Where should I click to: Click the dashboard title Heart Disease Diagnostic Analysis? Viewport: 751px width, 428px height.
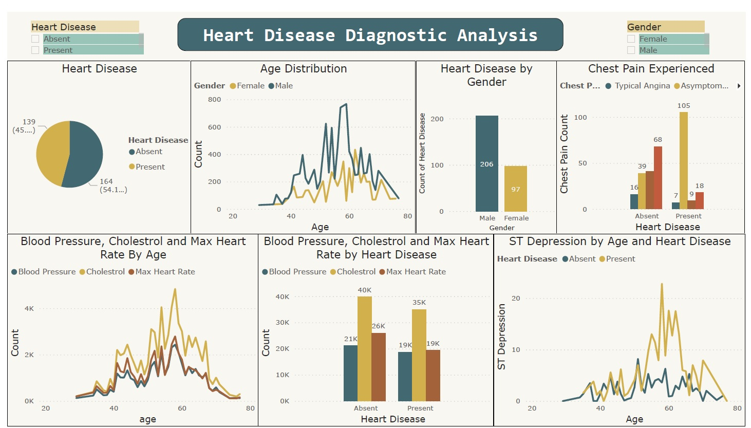tap(370, 35)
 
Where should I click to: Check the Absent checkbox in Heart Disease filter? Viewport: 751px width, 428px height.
tap(35, 39)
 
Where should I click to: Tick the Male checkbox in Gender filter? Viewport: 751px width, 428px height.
tap(631, 50)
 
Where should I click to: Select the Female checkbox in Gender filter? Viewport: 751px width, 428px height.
tap(631, 39)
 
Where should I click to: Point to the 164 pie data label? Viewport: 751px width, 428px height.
tap(106, 181)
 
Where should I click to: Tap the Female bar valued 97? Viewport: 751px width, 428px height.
tap(515, 189)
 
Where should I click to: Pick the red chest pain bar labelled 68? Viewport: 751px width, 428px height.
tap(658, 177)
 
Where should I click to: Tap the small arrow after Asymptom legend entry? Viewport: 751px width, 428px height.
tap(739, 86)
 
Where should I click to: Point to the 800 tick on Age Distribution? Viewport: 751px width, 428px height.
tap(215, 100)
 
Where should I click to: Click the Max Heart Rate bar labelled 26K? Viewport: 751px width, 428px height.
tap(378, 367)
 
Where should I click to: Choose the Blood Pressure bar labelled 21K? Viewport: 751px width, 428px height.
tap(350, 373)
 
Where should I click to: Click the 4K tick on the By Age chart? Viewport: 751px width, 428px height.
tap(29, 309)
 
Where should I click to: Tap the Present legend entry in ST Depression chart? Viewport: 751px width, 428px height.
tap(620, 259)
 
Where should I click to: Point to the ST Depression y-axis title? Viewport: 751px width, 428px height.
tap(501, 337)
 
